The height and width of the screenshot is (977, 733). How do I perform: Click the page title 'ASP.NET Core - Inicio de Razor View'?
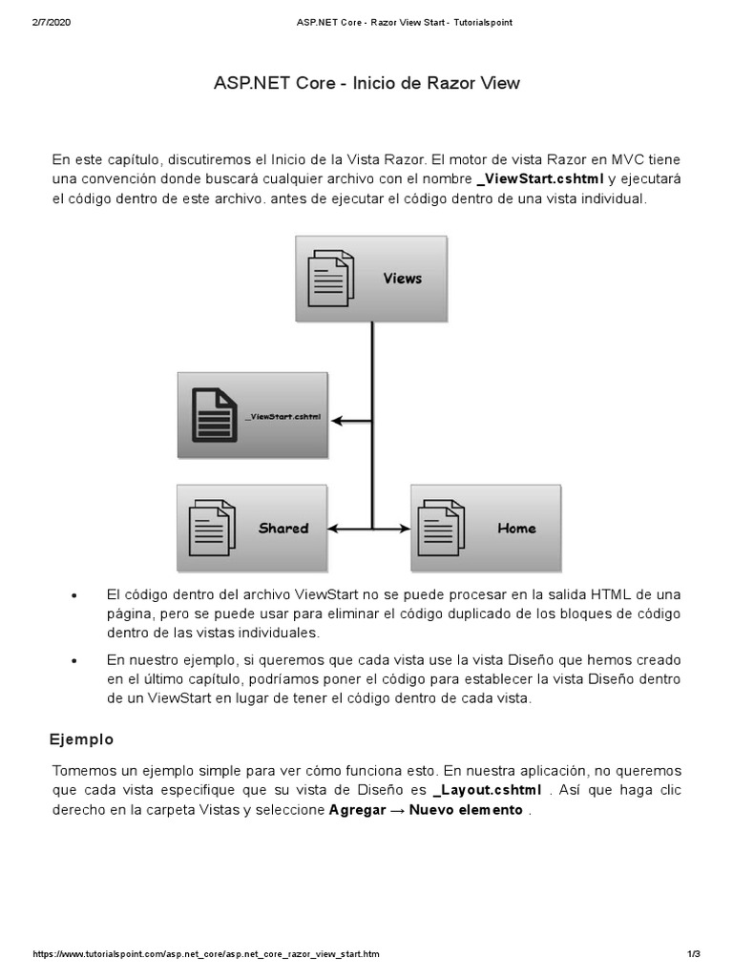[366, 83]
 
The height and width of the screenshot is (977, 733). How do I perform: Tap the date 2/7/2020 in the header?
[52, 23]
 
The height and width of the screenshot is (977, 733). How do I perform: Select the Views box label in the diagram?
[402, 279]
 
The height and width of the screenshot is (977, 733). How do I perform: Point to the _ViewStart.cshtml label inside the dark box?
[283, 417]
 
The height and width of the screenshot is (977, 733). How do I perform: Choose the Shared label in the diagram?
[283, 529]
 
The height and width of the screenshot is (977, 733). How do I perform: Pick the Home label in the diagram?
[516, 529]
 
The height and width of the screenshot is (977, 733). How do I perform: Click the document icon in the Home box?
[444, 528]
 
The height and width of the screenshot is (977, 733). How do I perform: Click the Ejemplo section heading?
[81, 739]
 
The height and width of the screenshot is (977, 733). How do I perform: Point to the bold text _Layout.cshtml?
[488, 790]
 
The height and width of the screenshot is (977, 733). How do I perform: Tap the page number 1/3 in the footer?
[694, 954]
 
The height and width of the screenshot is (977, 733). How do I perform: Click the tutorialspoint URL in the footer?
[206, 954]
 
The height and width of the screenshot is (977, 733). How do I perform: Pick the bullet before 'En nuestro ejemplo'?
[73, 661]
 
